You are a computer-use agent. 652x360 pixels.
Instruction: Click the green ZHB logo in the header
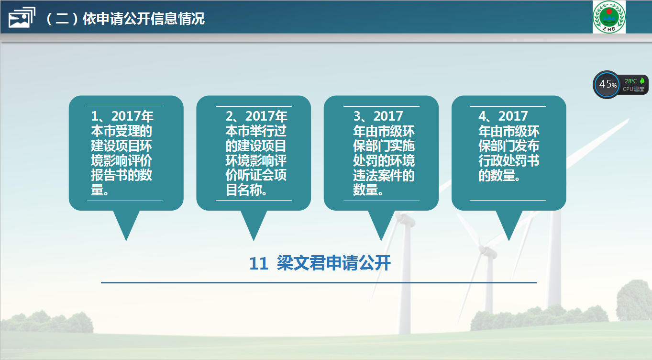(609, 17)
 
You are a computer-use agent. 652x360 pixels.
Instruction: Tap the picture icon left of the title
(22, 18)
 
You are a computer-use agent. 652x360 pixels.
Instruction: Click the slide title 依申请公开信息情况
(144, 19)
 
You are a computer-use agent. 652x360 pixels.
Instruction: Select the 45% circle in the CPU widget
(607, 84)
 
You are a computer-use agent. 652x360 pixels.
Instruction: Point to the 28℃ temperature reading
(631, 81)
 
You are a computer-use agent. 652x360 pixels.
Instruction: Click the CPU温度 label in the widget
(633, 89)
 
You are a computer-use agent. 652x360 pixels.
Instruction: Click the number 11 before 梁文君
(258, 264)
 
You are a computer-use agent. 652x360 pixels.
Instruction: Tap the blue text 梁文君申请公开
(333, 263)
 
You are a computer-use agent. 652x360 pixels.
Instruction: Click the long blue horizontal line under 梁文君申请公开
(319, 282)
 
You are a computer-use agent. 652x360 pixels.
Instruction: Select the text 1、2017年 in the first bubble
(122, 116)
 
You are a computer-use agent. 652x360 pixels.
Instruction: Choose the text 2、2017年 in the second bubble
(256, 116)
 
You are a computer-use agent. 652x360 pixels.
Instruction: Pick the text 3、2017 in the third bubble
(378, 116)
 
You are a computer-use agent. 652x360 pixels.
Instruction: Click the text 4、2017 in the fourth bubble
(503, 116)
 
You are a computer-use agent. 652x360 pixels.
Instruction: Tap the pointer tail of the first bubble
(126, 225)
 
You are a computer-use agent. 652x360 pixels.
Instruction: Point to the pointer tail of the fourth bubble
(509, 225)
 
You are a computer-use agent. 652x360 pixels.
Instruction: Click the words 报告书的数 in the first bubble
(122, 175)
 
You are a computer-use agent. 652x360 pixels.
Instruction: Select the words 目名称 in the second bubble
(243, 190)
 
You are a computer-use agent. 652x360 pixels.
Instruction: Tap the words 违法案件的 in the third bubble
(384, 175)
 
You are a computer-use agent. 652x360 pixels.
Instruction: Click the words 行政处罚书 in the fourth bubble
(509, 160)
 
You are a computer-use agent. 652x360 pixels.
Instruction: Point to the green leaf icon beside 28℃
(642, 81)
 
